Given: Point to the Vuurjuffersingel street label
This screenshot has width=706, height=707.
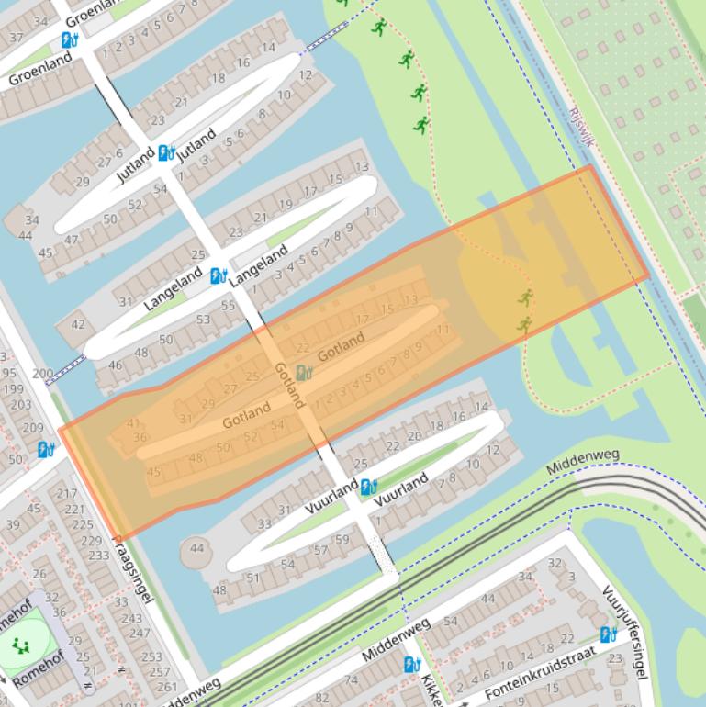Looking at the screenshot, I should tap(625, 633).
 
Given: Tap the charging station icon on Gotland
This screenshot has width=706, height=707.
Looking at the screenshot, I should tap(305, 372).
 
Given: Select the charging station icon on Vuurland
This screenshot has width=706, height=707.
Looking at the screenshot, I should tap(369, 487).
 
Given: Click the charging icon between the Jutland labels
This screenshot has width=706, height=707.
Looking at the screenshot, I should tap(166, 152).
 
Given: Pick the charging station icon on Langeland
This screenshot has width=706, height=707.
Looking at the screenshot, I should tap(219, 275).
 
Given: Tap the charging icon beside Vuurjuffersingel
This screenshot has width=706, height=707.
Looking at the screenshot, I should tap(608, 634).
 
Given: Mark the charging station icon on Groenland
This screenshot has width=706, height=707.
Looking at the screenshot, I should tap(70, 39).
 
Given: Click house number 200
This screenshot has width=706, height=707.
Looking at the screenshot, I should tap(42, 374).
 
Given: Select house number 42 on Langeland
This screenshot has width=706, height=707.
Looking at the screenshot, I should tap(78, 324).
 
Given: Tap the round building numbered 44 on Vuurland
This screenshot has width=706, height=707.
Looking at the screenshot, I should tap(196, 548).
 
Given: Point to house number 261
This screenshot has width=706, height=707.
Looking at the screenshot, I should tap(166, 686).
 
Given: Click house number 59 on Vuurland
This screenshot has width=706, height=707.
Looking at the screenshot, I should tap(342, 539).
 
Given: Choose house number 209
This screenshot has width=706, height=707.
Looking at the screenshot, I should tap(33, 427).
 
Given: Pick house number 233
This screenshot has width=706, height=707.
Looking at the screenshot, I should tap(97, 555).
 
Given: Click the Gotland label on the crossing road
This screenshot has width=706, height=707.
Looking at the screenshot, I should tap(288, 384).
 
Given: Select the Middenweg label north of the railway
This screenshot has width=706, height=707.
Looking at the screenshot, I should tap(583, 462).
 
